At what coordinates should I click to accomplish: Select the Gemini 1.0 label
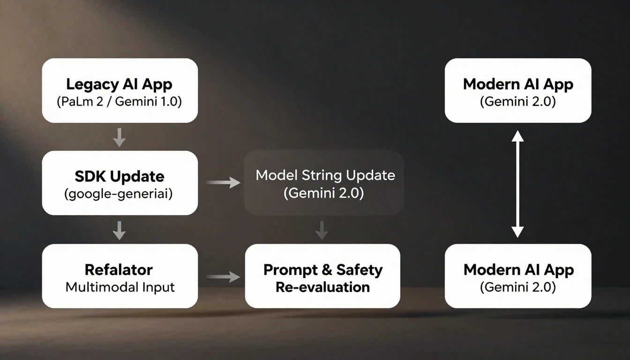tap(151, 102)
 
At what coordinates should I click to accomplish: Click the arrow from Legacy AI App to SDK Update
tap(120, 136)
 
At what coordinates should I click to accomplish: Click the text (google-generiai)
tap(118, 194)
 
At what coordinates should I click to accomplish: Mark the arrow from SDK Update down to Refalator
tap(120, 230)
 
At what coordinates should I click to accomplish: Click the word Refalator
tap(119, 270)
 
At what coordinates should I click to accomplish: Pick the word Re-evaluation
tap(322, 287)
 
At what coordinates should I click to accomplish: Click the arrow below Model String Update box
tap(322, 230)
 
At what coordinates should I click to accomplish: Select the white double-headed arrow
tap(517, 183)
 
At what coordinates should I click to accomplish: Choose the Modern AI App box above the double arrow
tap(518, 90)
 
